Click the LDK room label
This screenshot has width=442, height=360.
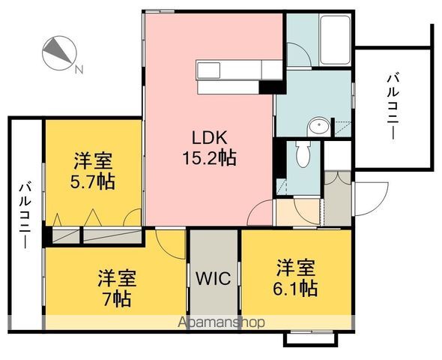point(210,138)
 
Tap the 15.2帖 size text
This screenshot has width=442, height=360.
point(210,157)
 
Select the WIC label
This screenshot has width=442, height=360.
point(214,278)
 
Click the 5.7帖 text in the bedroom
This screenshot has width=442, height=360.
point(93,181)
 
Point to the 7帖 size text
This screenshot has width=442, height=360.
point(117,298)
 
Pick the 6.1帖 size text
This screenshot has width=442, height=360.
point(295,288)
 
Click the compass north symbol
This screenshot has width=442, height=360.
point(59,53)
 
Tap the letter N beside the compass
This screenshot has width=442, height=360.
point(79,69)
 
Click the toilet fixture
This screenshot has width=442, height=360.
point(303,154)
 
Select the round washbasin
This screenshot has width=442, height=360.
point(319,126)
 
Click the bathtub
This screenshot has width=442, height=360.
point(336,40)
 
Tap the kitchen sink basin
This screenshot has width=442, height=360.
point(209,70)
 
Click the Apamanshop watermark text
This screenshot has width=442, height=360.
point(221,322)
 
